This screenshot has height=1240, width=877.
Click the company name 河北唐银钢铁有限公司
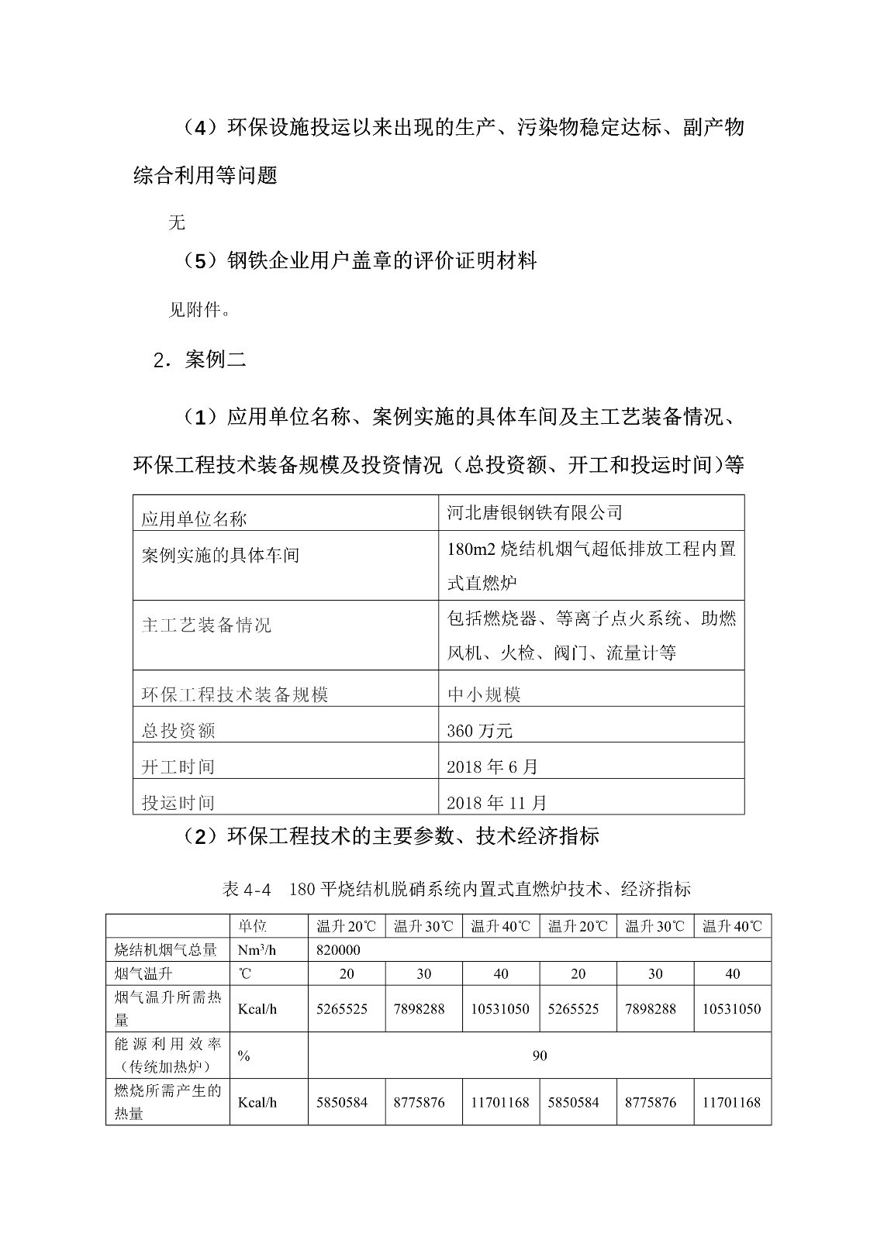click(x=535, y=512)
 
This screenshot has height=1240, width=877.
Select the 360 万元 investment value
click(x=480, y=730)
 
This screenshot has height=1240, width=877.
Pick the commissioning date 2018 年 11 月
click(x=497, y=802)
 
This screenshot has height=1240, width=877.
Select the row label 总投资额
click(x=178, y=730)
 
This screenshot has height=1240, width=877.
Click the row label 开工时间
click(x=178, y=766)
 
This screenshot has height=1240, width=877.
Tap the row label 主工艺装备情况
click(x=206, y=625)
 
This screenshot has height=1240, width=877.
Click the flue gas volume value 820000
click(x=338, y=949)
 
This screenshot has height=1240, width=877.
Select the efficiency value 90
click(x=540, y=1055)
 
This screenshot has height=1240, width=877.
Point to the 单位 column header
click(x=253, y=926)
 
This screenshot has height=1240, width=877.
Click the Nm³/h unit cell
click(x=260, y=949)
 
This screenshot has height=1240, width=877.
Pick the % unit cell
click(x=243, y=1056)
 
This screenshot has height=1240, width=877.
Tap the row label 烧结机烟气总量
click(x=166, y=949)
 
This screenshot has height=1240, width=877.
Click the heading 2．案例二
click(x=200, y=360)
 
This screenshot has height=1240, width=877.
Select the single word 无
click(x=177, y=222)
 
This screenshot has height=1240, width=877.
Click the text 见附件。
click(x=199, y=310)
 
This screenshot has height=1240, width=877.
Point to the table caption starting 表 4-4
click(x=456, y=889)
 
